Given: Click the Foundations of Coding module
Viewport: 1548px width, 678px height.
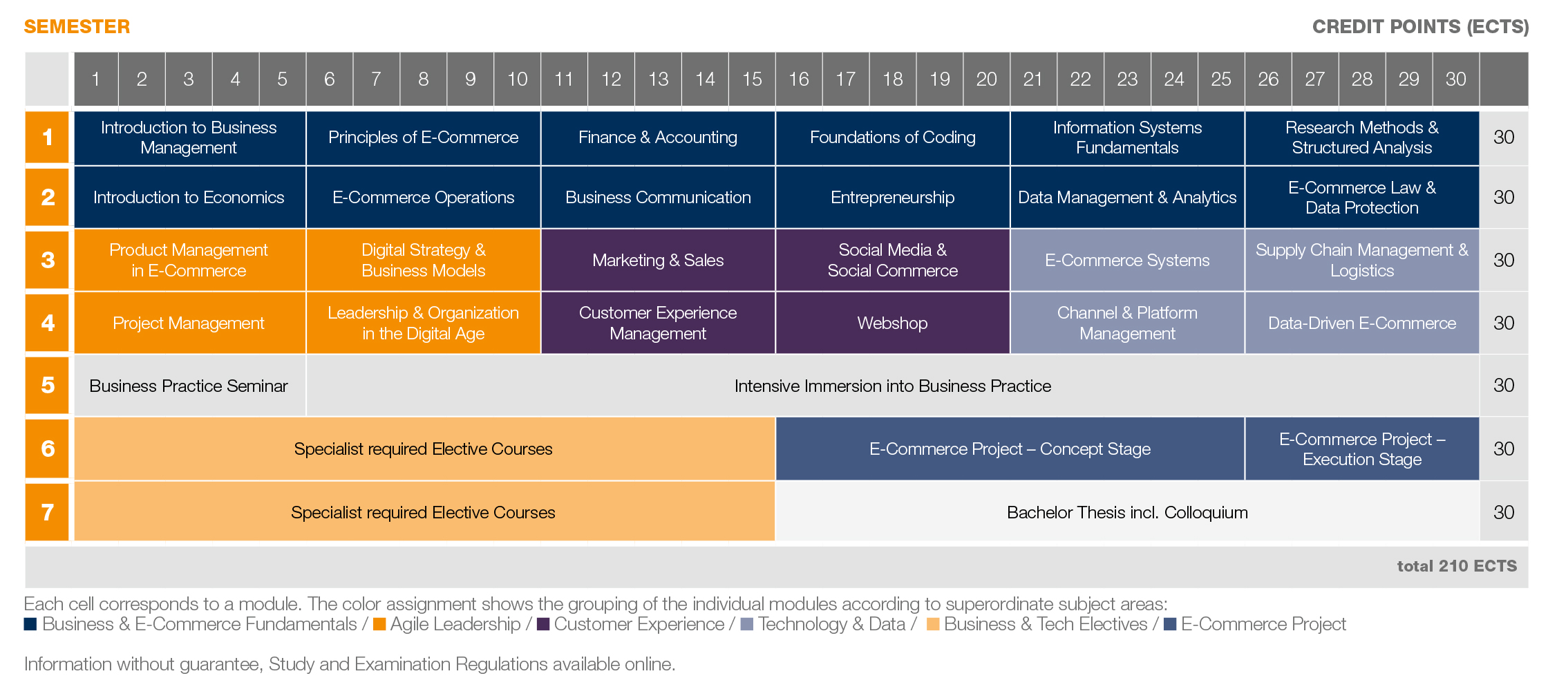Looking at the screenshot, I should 892,138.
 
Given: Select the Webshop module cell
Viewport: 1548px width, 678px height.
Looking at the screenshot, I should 892,323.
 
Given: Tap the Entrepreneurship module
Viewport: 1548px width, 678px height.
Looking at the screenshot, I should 892,198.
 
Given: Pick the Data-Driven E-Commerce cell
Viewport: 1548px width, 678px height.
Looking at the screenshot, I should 1361,323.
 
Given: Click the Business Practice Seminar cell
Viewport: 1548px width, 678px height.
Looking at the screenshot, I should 189,386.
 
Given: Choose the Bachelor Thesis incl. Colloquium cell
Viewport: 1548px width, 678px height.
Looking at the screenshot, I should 1127,512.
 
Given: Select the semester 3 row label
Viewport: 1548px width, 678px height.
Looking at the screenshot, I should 48,260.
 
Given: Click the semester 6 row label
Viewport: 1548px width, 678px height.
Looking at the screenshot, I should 48,449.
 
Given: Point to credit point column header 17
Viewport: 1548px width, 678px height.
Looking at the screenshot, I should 845,79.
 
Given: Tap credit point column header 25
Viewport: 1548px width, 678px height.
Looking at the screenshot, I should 1220,79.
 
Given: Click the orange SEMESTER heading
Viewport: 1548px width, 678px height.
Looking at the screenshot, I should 77,27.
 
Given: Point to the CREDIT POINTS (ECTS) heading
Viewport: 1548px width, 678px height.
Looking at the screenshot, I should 1419,27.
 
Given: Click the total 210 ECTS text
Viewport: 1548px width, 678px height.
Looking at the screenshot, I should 1456,566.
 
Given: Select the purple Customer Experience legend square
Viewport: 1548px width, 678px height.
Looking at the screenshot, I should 543,624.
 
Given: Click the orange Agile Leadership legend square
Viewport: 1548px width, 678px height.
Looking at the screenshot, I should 379,624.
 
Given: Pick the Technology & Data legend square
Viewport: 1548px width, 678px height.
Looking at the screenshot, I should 746,624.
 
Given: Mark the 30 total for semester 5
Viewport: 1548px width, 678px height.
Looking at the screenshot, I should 1503,386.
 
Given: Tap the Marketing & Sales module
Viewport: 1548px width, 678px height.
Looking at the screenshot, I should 658,261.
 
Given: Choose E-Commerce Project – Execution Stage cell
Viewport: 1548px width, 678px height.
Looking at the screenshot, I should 1361,449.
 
